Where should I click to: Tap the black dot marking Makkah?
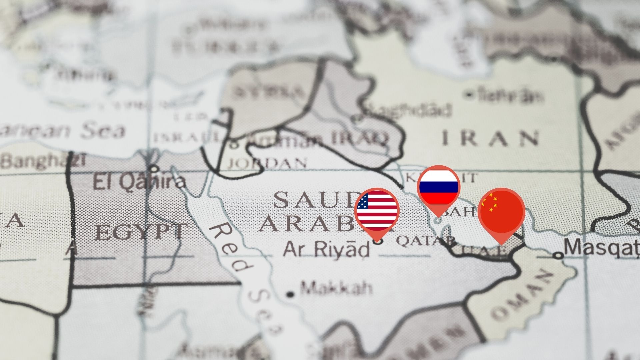click(290, 294)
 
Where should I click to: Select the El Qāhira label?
click(139, 182)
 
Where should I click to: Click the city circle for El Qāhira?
click(153, 169)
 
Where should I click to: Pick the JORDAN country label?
click(267, 163)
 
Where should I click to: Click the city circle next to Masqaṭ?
click(557, 256)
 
